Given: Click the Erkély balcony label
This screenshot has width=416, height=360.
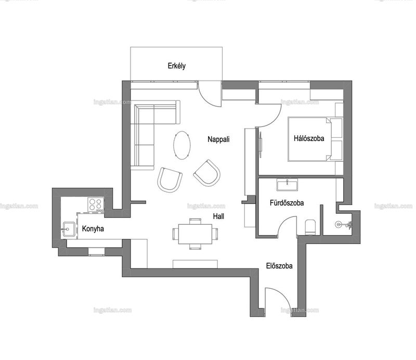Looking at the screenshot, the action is (x=176, y=66).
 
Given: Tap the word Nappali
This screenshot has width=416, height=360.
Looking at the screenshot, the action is (x=218, y=139).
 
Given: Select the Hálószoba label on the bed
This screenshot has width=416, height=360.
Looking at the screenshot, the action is (x=309, y=138).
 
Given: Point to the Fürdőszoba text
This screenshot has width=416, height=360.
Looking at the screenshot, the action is (x=287, y=203).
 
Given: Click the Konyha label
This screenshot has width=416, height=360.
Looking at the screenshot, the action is (x=93, y=228).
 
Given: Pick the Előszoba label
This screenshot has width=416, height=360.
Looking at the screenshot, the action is (x=279, y=266).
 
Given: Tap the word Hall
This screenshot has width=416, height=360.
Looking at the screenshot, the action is (x=218, y=216).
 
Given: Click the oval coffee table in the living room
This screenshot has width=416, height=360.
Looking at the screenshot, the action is (x=181, y=145).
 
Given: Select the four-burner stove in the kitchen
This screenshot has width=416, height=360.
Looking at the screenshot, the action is (x=96, y=204).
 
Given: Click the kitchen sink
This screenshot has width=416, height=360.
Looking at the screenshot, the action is (x=69, y=229).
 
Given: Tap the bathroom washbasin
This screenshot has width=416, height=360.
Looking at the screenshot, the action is (x=287, y=185).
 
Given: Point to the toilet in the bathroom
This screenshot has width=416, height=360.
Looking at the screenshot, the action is (x=310, y=227).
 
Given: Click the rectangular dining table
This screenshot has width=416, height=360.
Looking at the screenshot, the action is (x=195, y=234).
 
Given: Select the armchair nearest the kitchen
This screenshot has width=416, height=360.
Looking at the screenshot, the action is (x=170, y=179).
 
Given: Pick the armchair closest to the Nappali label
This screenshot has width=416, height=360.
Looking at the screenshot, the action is (x=207, y=173).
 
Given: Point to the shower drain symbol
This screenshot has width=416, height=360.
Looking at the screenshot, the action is (x=339, y=225).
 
